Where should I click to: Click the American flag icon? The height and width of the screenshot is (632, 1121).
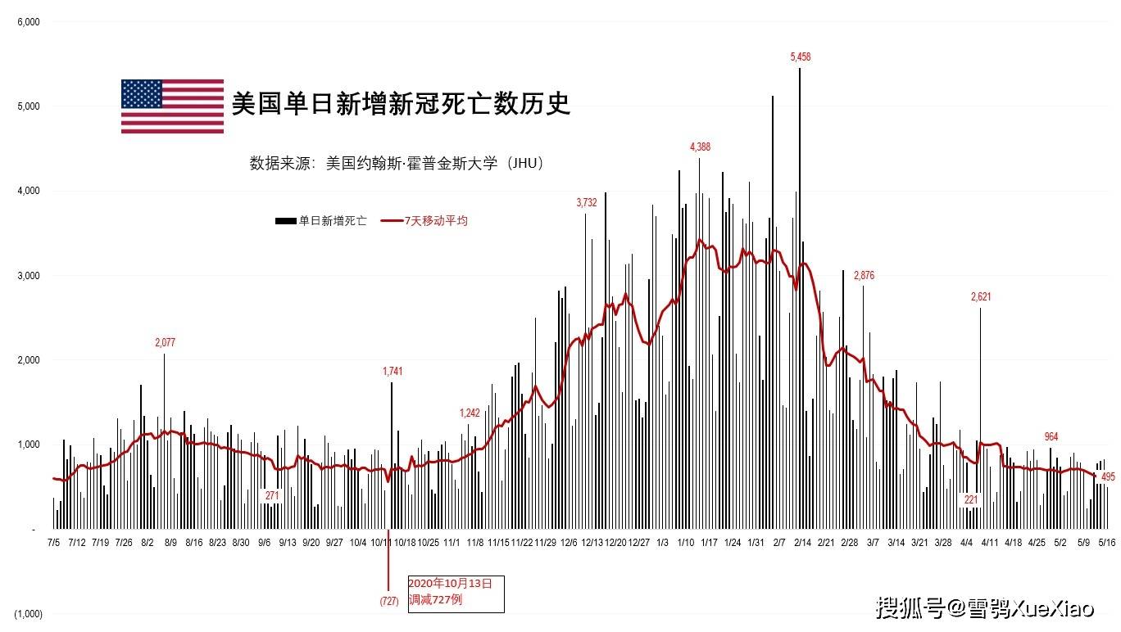tap(172, 106)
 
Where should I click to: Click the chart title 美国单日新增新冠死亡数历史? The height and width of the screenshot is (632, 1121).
tap(400, 104)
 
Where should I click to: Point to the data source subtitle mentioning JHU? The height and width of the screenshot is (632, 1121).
tap(397, 163)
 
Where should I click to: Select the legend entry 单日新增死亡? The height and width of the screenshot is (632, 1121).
tap(321, 221)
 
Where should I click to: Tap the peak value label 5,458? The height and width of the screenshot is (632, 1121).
tap(801, 56)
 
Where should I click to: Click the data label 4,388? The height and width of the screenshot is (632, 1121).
tap(700, 147)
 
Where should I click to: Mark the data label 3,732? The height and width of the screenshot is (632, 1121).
tap(587, 202)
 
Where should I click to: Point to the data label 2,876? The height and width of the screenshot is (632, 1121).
tap(864, 275)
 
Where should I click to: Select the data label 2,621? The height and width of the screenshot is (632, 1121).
tap(981, 296)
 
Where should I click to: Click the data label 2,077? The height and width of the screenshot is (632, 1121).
tap(165, 342)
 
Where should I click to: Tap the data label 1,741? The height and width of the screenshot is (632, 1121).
tap(393, 372)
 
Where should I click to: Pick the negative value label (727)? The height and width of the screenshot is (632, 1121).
tap(388, 601)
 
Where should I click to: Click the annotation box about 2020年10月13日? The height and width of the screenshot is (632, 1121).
tap(456, 594)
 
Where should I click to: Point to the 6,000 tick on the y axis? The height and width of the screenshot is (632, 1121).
tap(29, 22)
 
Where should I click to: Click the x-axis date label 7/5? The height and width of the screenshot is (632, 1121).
tap(53, 541)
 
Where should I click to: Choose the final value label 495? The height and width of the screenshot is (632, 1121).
tap(1108, 477)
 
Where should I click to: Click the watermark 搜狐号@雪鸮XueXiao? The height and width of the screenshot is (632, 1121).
tap(984, 608)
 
